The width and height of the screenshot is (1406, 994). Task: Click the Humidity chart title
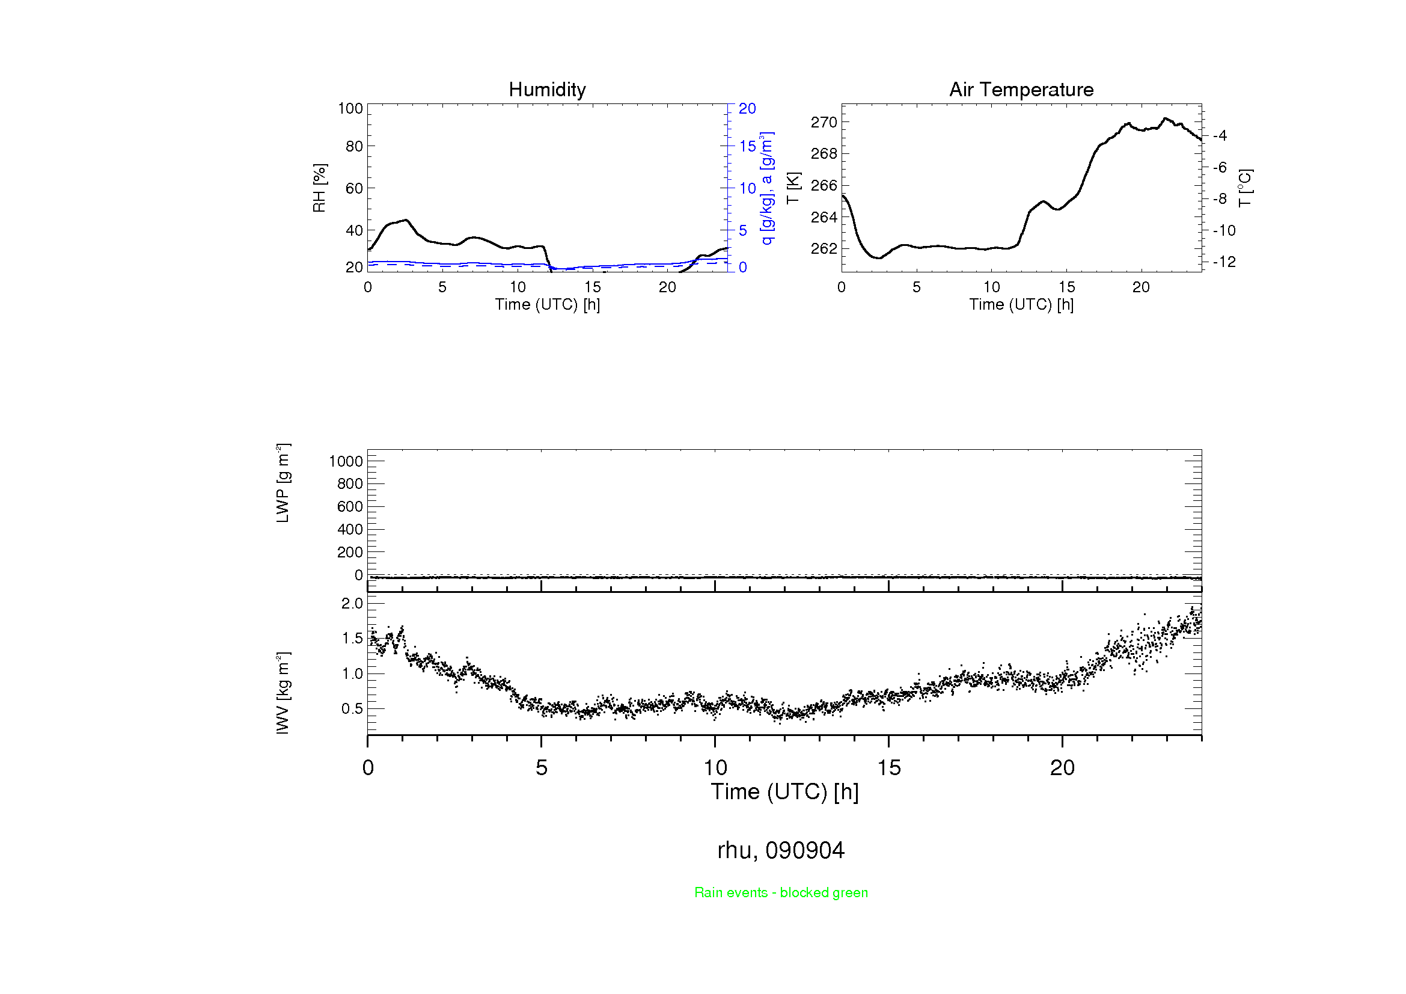tap(547, 90)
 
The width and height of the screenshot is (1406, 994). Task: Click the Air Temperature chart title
tap(1021, 90)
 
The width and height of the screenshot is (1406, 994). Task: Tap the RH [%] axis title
tap(319, 188)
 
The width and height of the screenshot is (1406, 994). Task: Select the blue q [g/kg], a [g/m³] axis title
tap(766, 188)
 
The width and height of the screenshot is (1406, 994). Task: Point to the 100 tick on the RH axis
tap(350, 108)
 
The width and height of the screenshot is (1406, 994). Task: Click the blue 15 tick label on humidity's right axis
tap(747, 146)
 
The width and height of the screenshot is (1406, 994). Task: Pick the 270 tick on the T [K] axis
tap(824, 123)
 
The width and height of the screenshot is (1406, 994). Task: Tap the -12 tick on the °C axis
tap(1224, 262)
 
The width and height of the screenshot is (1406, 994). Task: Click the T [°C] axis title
tap(1245, 188)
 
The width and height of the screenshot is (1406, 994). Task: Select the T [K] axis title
tap(793, 188)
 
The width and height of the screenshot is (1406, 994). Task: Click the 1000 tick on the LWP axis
tap(346, 461)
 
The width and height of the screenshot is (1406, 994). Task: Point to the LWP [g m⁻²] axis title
tap(283, 483)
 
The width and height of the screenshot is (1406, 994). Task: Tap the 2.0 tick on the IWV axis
tap(352, 604)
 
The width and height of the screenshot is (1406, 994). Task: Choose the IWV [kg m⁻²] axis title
tap(283, 693)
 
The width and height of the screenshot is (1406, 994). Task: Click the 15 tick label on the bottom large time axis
tap(888, 768)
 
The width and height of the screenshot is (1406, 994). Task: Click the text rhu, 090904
tap(781, 850)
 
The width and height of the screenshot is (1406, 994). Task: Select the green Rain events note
tap(781, 893)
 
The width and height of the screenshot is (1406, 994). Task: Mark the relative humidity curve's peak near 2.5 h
tap(406, 220)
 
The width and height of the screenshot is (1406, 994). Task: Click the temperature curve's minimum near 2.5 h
tap(879, 258)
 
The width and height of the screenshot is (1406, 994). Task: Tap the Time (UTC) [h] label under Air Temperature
tap(1021, 304)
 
